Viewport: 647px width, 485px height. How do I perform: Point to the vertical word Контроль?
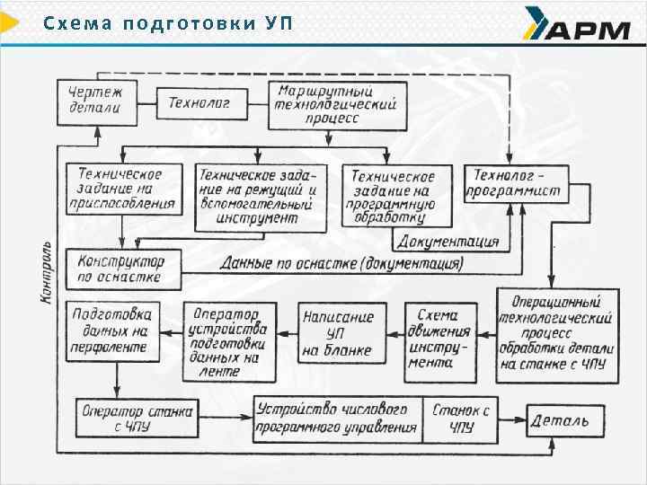(x=48, y=274)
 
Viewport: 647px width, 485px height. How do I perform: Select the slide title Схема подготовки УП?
(x=168, y=22)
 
